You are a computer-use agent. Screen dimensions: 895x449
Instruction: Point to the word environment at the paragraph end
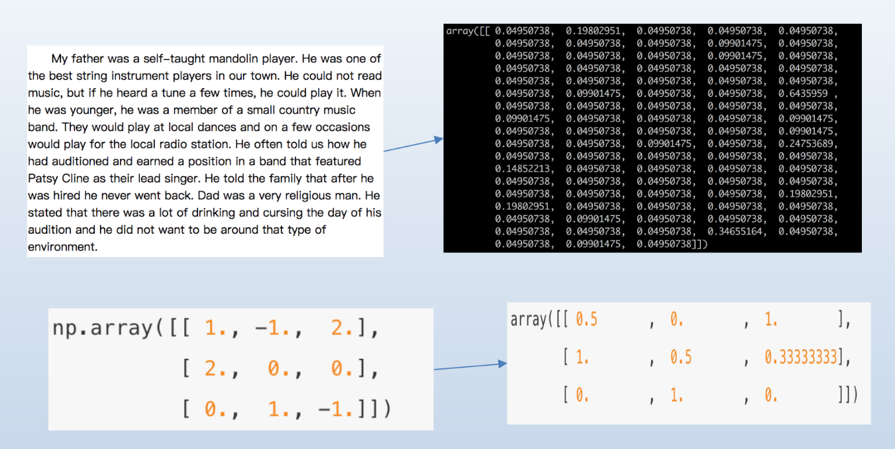(63, 247)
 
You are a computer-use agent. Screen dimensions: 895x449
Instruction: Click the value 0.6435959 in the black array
(803, 93)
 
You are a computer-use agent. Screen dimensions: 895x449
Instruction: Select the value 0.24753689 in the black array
(806, 144)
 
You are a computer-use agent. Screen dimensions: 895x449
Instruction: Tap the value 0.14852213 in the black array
(523, 169)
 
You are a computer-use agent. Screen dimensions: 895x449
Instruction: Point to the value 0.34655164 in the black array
(735, 232)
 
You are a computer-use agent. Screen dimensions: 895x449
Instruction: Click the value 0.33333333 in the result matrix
(801, 357)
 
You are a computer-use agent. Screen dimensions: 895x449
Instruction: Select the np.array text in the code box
(103, 328)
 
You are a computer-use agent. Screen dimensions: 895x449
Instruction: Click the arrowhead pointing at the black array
(439, 140)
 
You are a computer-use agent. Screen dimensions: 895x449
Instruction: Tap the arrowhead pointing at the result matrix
(503, 364)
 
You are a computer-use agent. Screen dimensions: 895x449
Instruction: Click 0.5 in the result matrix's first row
(586, 320)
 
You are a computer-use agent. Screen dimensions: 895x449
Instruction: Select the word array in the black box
(460, 31)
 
